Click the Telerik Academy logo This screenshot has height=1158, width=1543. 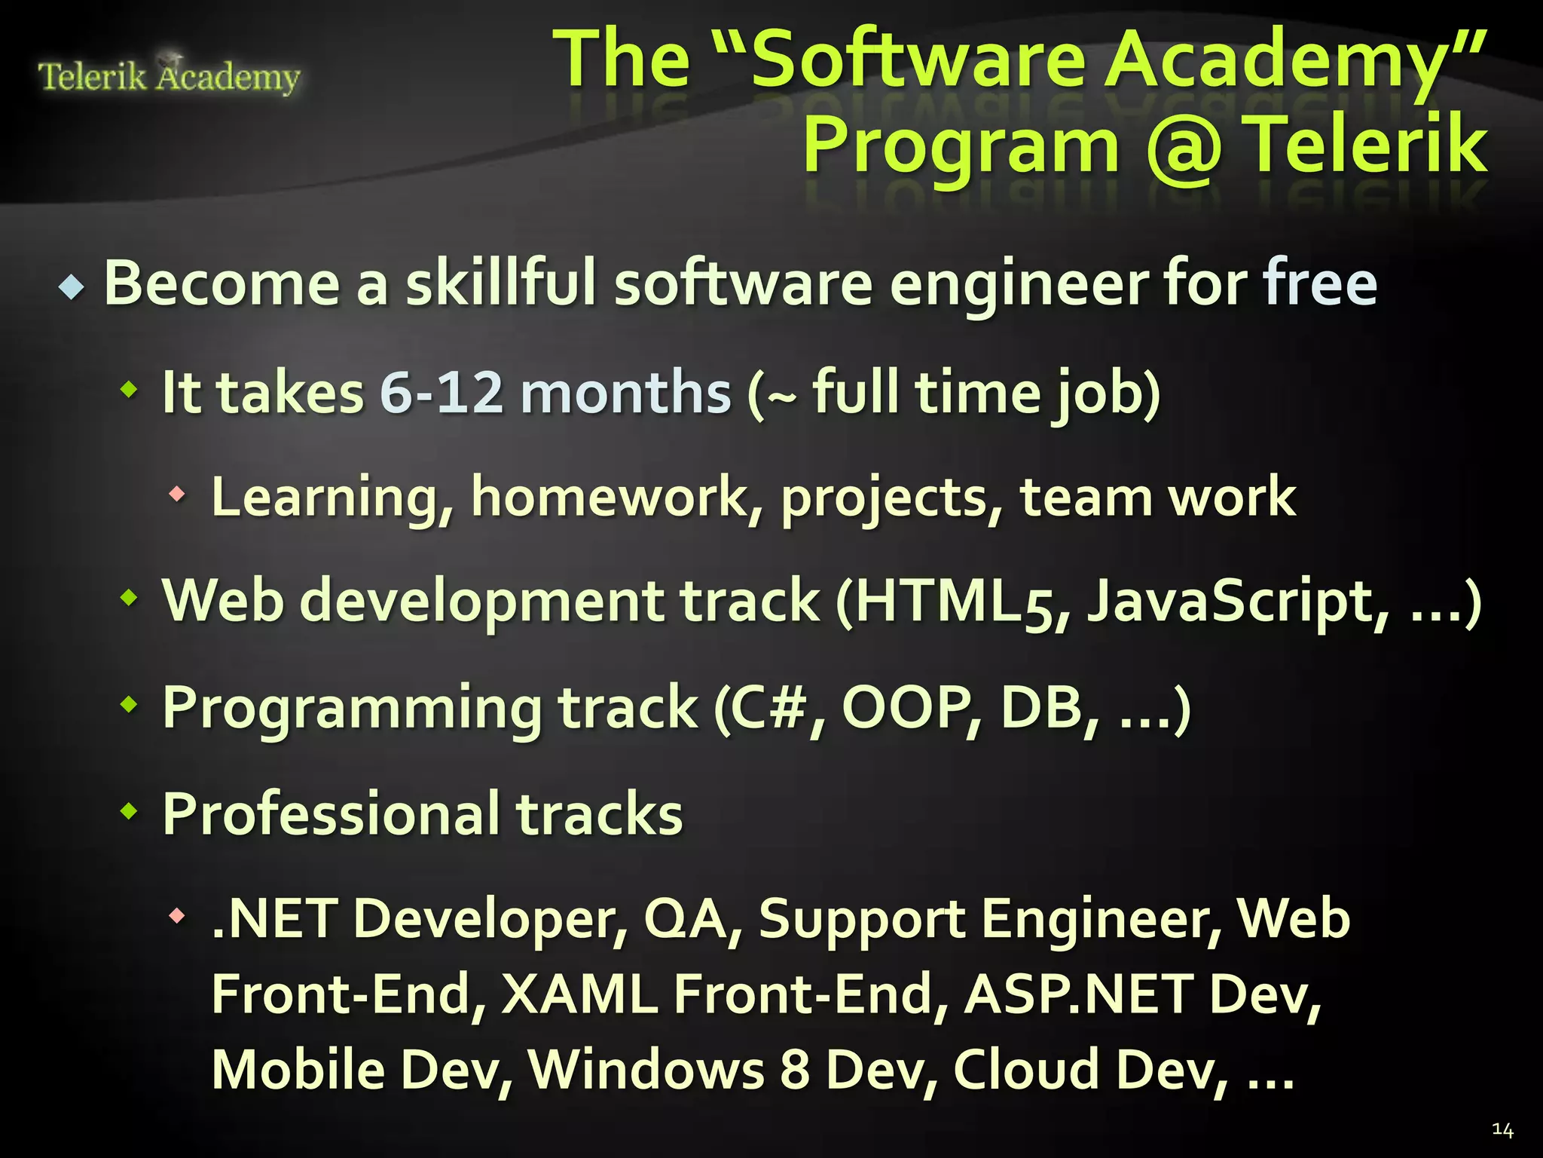coord(169,75)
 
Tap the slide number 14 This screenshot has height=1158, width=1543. coord(1502,1129)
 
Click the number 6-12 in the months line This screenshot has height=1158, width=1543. coord(441,392)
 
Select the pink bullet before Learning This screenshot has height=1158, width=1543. coord(177,495)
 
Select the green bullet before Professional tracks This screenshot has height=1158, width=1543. coord(130,812)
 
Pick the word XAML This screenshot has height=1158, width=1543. coord(579,994)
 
